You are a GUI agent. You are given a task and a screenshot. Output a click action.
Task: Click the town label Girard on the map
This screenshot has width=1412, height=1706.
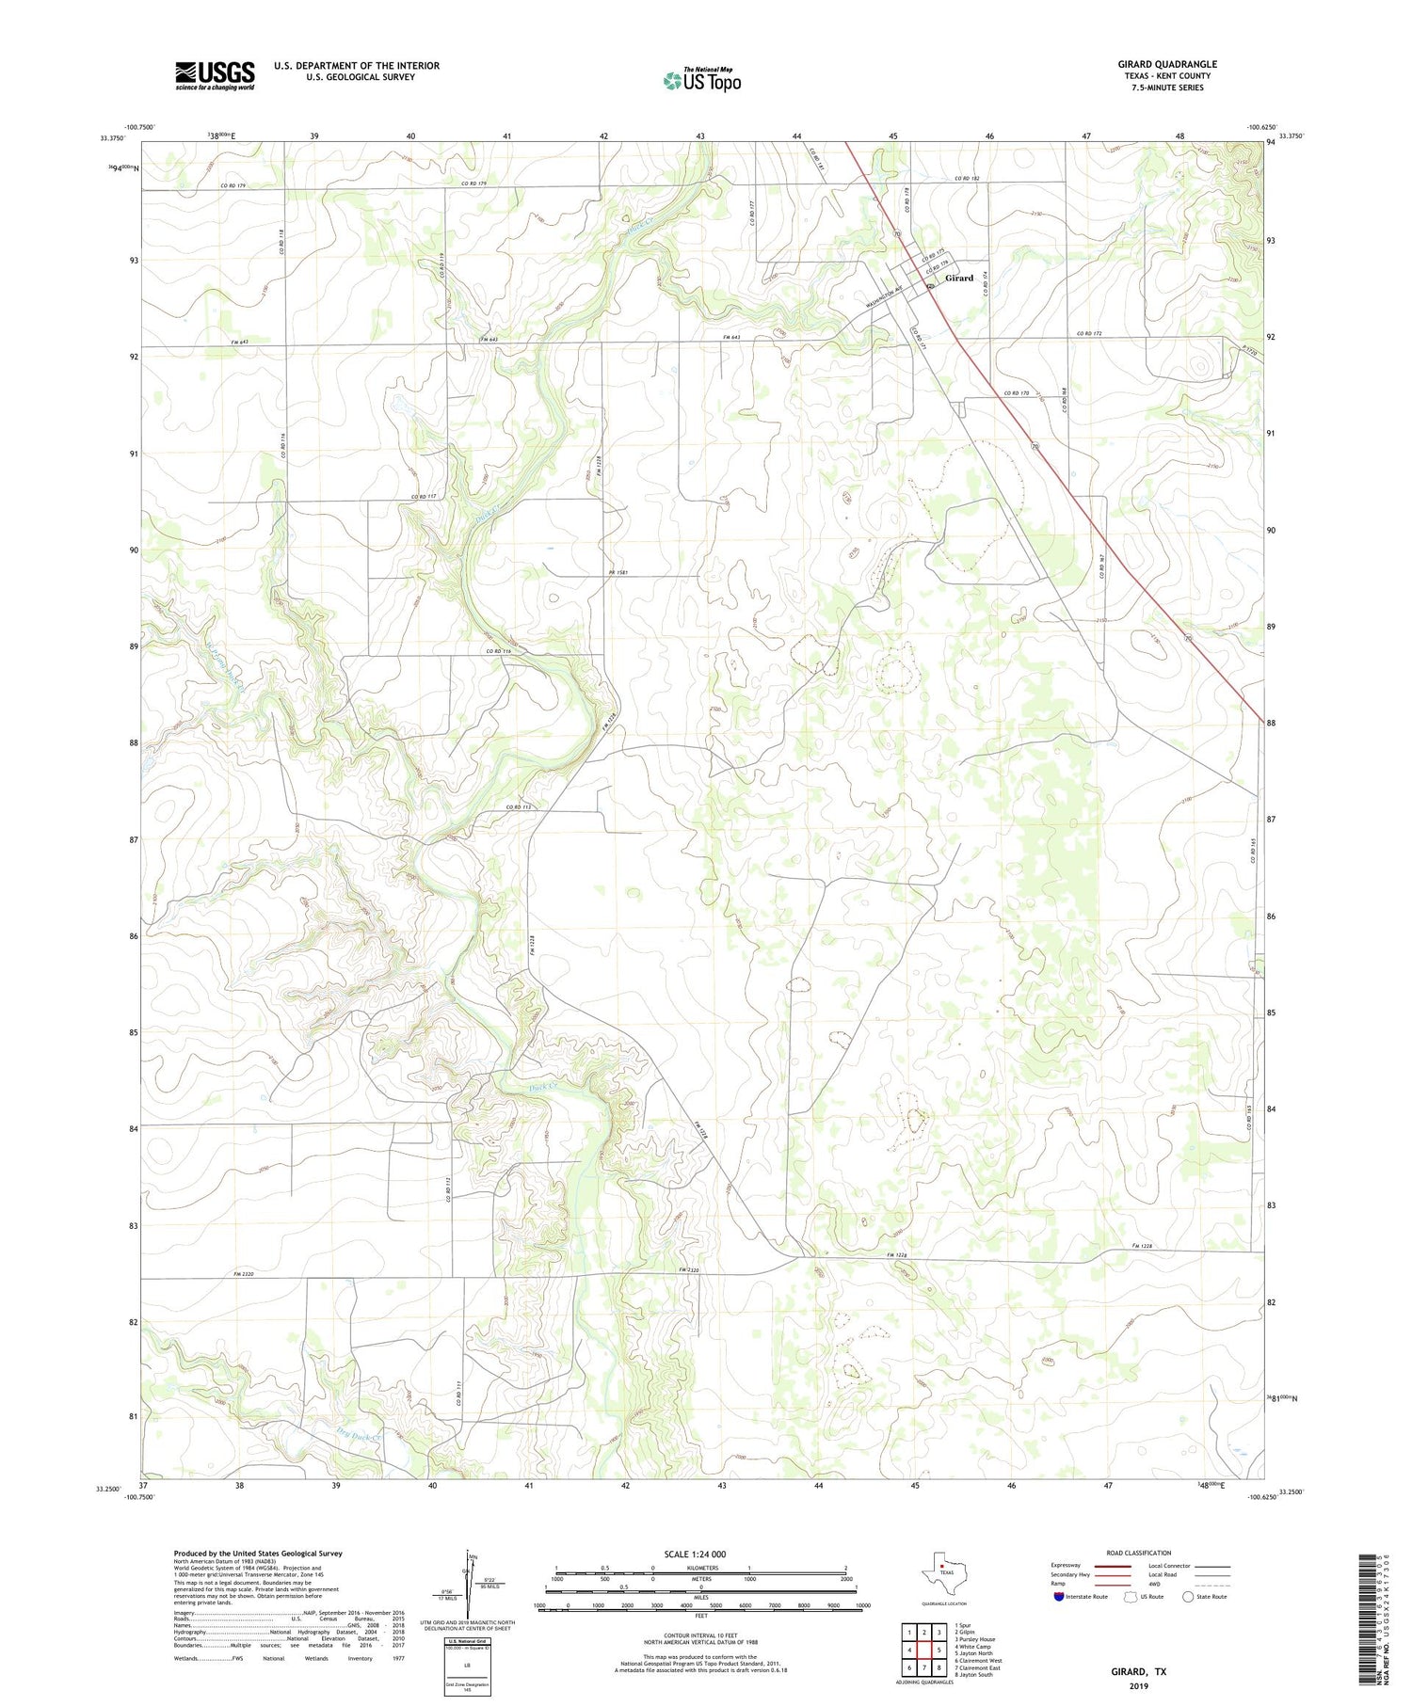[959, 278]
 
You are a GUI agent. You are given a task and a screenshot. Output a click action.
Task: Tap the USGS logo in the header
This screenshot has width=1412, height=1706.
[215, 75]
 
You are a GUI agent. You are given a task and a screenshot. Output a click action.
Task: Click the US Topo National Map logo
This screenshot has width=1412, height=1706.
[702, 80]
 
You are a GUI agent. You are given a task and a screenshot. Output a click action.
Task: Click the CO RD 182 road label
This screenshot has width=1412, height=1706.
[967, 179]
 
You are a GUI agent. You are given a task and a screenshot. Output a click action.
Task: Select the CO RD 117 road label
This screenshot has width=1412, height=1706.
[425, 497]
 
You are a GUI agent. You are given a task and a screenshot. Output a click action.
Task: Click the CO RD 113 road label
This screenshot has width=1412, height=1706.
[519, 807]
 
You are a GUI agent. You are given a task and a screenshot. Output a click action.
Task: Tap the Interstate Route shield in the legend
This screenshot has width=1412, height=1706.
[1059, 1597]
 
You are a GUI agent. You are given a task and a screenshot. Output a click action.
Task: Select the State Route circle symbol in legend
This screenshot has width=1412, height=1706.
[1189, 1597]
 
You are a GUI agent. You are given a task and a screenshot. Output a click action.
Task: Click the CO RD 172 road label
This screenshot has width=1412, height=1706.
[1088, 334]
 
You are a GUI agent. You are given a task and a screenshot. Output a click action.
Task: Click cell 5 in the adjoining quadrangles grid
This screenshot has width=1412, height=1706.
[939, 1650]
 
